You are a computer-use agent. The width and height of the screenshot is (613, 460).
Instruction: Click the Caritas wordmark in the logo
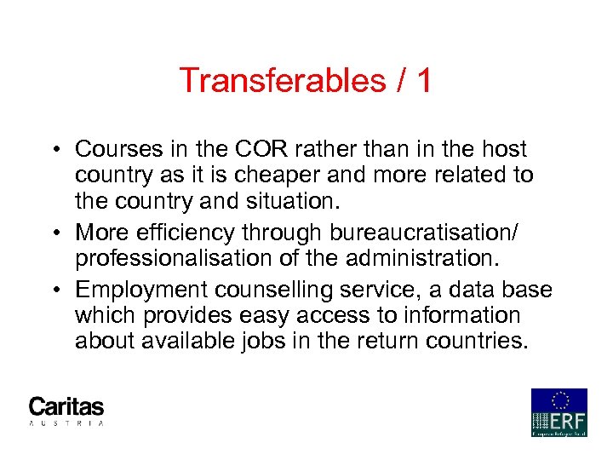66,406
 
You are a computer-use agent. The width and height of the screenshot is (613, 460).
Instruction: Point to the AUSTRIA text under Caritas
66,423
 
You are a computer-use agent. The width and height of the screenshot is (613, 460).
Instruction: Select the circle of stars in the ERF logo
559,400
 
